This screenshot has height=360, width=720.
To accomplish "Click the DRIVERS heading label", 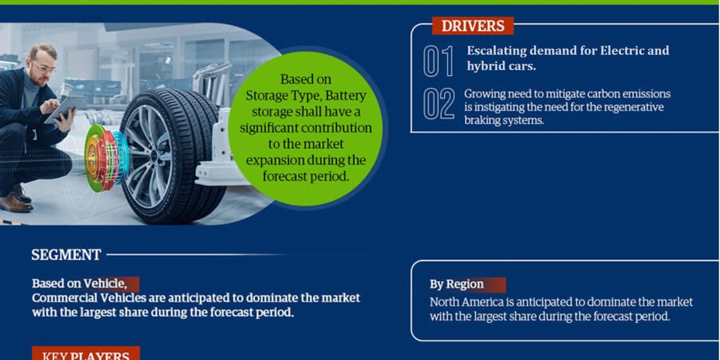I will point(472,26).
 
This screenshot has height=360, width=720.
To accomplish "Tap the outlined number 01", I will point(438,61).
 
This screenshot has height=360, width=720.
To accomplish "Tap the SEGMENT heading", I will point(66,255).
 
